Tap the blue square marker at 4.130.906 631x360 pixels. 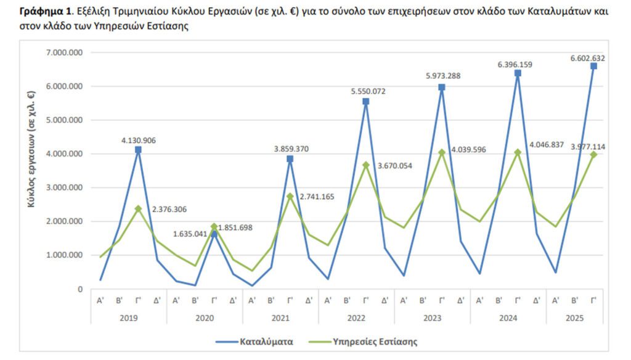(x=138, y=150)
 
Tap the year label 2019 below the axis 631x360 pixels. (x=129, y=318)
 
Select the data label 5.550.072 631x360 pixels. (x=365, y=91)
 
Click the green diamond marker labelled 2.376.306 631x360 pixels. (x=138, y=209)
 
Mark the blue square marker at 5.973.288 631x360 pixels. (x=442, y=88)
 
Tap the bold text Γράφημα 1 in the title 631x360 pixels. (x=45, y=12)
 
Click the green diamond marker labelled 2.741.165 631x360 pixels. (x=290, y=197)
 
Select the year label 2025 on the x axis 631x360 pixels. (x=574, y=318)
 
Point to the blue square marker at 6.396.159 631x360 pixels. (x=518, y=73)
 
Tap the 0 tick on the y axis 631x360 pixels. (x=80, y=288)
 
